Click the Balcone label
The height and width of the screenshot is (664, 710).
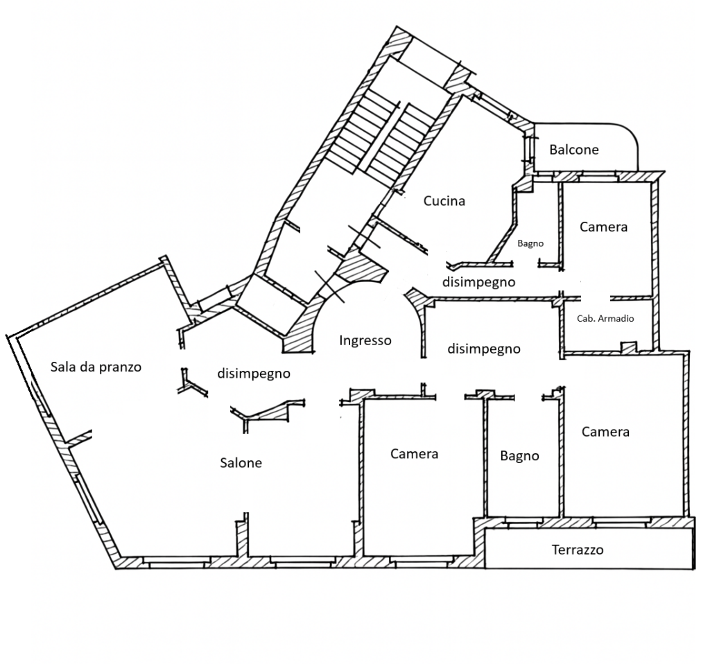[573, 150]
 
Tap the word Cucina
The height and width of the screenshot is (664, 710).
[444, 201]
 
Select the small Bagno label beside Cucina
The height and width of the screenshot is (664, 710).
[530, 243]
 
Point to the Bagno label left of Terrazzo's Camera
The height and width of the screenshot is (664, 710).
[519, 456]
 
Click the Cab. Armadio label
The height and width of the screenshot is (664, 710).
[605, 319]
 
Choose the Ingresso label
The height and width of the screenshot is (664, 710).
[365, 340]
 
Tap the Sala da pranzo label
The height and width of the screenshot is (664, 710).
[96, 367]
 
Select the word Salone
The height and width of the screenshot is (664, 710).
[241, 462]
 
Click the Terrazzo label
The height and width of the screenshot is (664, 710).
[578, 550]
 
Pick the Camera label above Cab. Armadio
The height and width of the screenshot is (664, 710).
[604, 227]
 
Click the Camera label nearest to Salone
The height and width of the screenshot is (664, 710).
[415, 454]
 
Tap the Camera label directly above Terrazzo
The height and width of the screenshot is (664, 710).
[605, 432]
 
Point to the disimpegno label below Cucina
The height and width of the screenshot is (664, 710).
[478, 282]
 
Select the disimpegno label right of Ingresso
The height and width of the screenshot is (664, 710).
[483, 349]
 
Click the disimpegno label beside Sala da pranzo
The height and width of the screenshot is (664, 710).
[254, 374]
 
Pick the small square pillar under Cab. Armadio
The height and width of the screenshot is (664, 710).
[628, 347]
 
